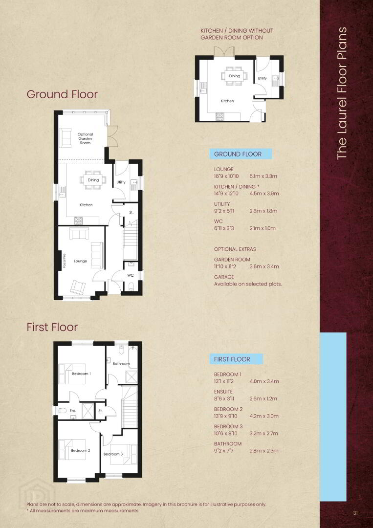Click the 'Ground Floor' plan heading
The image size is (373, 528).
62,94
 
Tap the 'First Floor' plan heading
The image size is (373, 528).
52,327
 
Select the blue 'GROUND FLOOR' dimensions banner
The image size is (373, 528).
241,154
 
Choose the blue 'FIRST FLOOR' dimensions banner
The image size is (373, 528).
236,359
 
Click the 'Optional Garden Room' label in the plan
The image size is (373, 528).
85,138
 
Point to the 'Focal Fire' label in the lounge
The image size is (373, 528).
64,261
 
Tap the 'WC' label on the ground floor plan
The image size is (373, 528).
130,275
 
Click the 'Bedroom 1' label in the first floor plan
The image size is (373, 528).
81,374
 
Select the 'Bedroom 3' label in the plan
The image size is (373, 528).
113,454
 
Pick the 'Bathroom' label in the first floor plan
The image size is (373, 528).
121,363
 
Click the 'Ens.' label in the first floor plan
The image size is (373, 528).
73,411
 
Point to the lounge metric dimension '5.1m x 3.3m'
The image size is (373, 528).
263,176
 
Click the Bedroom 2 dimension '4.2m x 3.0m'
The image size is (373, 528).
264,416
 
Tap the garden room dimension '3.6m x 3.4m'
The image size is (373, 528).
264,266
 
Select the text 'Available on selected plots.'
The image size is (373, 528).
248,284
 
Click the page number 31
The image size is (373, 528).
355,513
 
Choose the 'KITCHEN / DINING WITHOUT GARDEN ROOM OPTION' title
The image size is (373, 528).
237,34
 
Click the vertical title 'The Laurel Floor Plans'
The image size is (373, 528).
341,93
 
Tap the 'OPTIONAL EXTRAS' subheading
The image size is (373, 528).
235,249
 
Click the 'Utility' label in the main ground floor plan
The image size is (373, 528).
121,182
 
